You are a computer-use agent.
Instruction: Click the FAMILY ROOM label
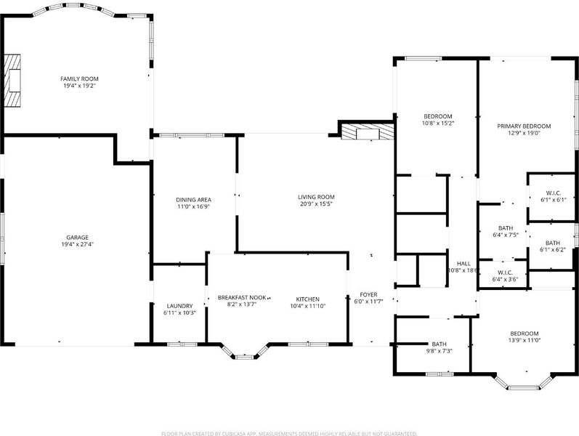click(x=79, y=78)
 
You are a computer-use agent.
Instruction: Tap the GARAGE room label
click(x=77, y=238)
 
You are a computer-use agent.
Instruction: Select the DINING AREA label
click(x=193, y=200)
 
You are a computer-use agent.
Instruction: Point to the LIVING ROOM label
click(x=316, y=197)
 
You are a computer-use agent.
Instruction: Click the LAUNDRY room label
click(x=179, y=306)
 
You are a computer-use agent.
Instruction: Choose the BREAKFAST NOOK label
click(x=242, y=297)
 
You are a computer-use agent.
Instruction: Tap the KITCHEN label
click(x=307, y=299)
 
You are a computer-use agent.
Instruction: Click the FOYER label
click(x=368, y=294)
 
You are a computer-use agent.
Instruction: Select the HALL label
click(x=463, y=264)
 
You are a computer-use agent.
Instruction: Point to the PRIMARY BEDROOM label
click(x=524, y=126)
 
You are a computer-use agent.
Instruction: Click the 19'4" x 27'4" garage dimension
click(x=77, y=244)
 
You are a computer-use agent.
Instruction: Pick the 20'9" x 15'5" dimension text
click(x=316, y=203)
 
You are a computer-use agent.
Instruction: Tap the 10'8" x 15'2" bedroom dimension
click(x=437, y=123)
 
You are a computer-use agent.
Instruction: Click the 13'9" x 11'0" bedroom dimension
click(x=524, y=340)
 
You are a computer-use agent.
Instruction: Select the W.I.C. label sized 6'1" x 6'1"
click(x=553, y=193)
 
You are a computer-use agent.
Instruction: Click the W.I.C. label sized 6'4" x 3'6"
click(x=505, y=272)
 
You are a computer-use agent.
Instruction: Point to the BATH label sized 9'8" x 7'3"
click(x=439, y=344)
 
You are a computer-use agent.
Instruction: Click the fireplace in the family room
click(x=12, y=81)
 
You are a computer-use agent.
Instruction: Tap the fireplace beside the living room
click(x=368, y=132)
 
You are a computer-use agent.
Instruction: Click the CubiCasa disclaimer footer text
click(x=289, y=433)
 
